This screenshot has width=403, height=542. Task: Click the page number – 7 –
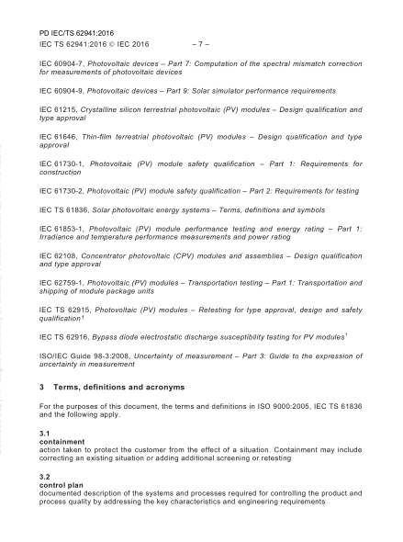201,42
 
